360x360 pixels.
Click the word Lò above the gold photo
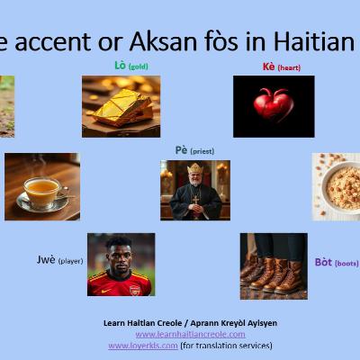[x=121, y=66]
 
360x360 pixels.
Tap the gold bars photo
[x=121, y=105]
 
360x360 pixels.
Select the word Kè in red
[x=268, y=67]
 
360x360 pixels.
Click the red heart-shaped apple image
[x=273, y=105]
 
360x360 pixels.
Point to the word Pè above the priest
[x=181, y=150]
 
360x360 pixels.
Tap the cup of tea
[x=41, y=189]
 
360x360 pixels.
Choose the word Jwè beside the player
[x=46, y=259]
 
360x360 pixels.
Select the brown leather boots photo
[x=274, y=266]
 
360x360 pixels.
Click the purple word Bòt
[x=323, y=263]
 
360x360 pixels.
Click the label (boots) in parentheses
[x=346, y=263]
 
